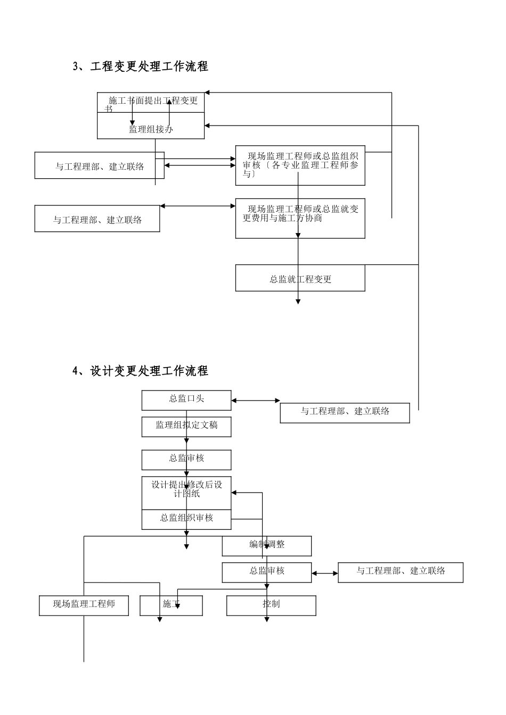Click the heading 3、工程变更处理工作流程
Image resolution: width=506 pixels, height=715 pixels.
pos(140,66)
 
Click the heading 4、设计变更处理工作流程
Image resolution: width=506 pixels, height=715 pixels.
pos(140,371)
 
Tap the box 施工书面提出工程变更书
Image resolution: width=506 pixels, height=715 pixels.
pos(151,102)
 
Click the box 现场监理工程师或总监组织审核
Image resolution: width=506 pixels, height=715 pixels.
pos(300,165)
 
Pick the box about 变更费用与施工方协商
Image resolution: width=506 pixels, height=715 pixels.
pos(300,218)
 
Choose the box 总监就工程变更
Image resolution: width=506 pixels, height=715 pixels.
pos(300,278)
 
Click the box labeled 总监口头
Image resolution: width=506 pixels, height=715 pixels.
pos(186,400)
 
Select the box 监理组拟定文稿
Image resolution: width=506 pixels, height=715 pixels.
pos(186,427)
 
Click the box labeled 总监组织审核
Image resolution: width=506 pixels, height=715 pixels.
pos(186,519)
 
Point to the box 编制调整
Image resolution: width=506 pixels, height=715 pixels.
pos(267,546)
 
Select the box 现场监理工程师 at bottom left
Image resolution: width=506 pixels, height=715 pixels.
pos(84,605)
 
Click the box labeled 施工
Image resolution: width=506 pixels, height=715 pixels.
pos(171,605)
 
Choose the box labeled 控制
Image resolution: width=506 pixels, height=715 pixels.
pos(271,605)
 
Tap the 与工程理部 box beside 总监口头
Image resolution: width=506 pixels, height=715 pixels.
pos(345,413)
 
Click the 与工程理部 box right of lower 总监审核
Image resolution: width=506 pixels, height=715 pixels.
pos(401,572)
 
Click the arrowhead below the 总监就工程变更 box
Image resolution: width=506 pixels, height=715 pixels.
pos(298,301)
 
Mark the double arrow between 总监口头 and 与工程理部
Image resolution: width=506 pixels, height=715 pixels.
pos(256,401)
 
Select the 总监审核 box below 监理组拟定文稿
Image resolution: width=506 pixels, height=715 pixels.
pos(186,460)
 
